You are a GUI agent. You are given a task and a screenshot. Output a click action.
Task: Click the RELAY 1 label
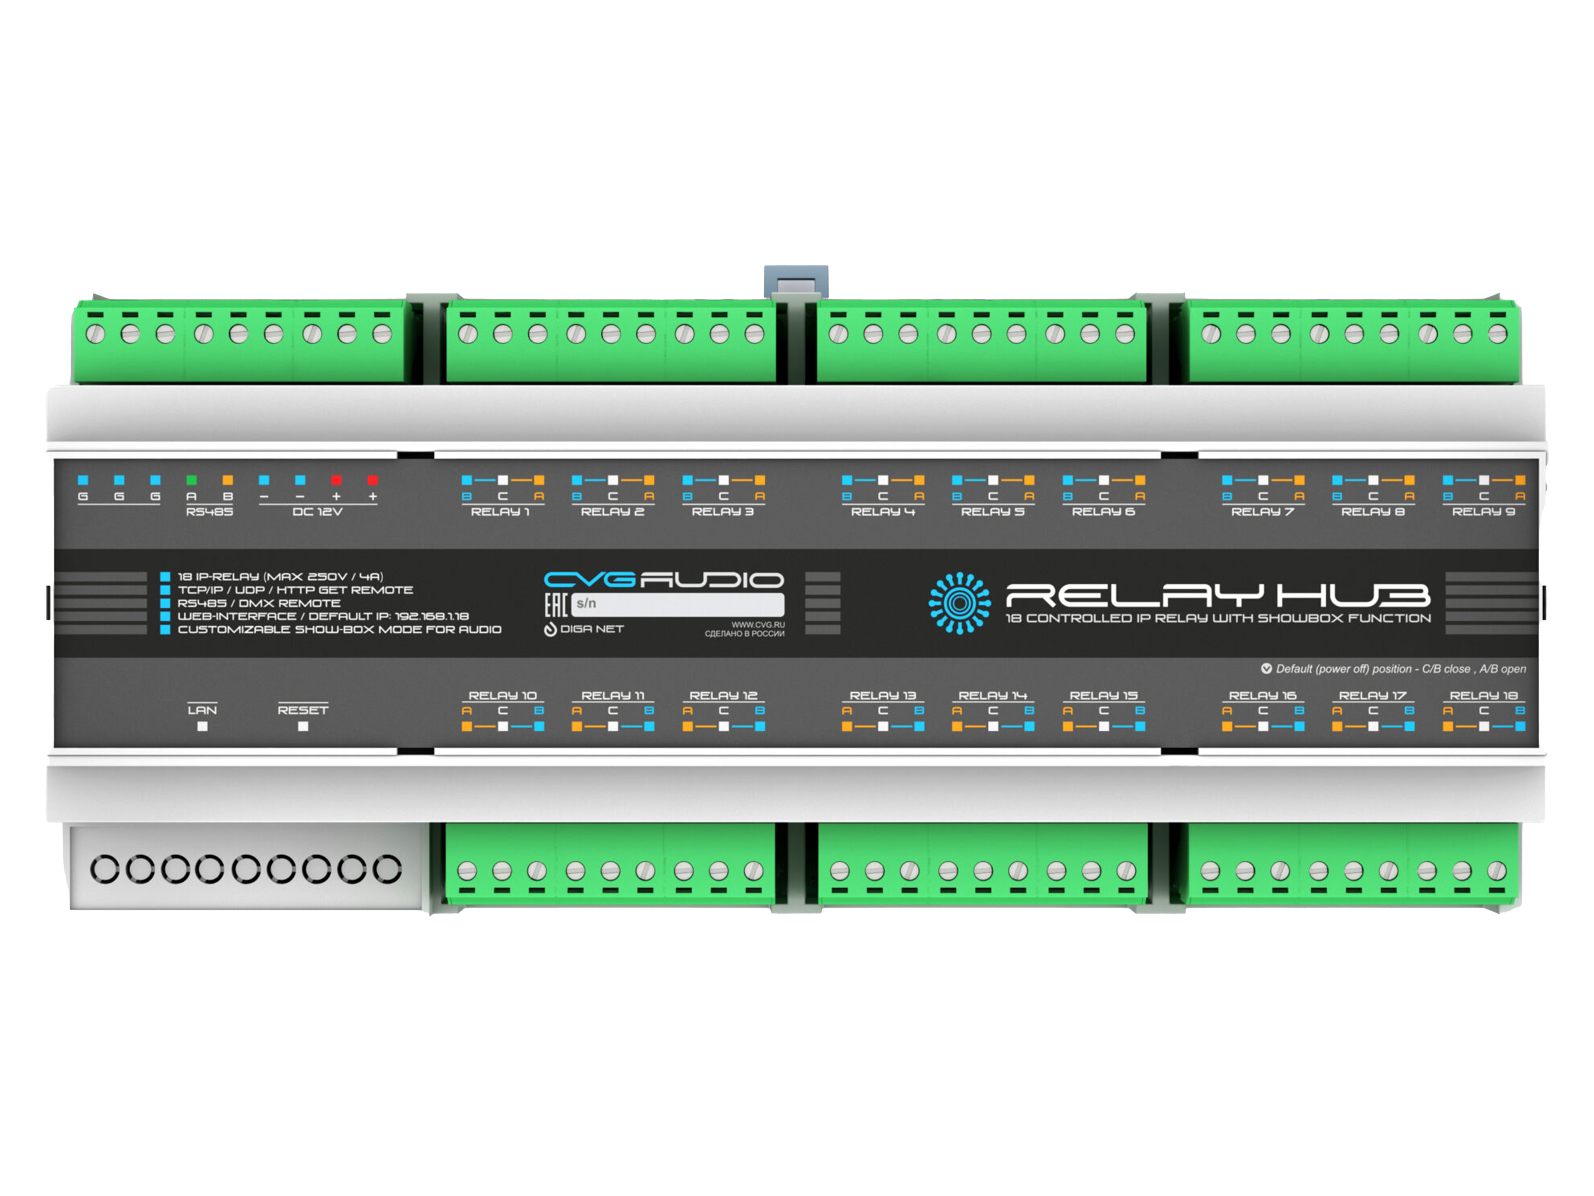pos(500,512)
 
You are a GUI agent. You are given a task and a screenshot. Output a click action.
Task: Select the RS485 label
pos(209,512)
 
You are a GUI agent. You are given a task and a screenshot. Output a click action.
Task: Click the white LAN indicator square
pos(202,726)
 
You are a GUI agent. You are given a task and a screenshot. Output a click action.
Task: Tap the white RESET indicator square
pos(303,726)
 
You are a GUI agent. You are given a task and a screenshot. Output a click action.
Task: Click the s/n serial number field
pos(678,604)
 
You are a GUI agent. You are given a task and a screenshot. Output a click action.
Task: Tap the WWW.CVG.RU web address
pos(758,624)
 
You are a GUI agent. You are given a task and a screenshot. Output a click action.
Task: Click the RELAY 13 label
pos(883,696)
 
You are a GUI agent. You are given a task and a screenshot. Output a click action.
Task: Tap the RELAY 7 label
pos(1262,512)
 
